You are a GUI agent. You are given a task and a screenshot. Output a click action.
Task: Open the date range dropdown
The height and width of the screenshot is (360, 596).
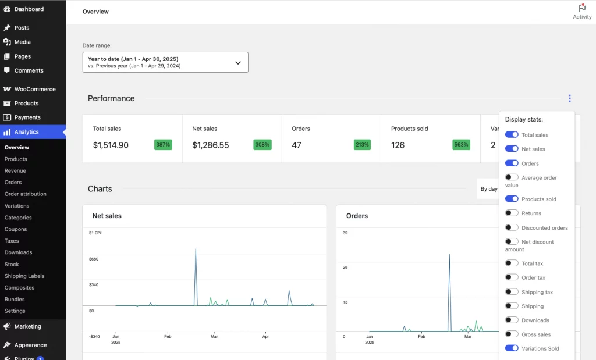click(165, 62)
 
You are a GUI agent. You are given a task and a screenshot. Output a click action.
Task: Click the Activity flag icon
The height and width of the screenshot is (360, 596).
click(581, 8)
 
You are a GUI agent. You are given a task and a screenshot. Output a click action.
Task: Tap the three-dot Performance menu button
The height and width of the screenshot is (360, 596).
click(570, 98)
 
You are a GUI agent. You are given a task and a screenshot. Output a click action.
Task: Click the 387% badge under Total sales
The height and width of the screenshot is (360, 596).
click(163, 145)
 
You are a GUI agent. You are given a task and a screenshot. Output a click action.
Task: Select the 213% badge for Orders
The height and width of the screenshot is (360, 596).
click(362, 145)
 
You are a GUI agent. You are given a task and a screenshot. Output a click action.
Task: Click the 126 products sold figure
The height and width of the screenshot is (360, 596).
click(398, 145)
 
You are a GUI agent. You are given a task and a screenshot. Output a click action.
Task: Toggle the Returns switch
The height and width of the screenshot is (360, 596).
click(512, 213)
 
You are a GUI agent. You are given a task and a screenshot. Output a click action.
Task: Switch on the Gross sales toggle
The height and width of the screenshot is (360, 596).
click(512, 334)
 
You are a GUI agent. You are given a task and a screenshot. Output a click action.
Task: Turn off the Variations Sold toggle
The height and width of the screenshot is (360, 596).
click(512, 348)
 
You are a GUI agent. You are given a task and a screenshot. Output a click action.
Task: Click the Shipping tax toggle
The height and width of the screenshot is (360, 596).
click(512, 292)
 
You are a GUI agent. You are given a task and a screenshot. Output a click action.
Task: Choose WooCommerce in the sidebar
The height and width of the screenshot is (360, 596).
click(34, 89)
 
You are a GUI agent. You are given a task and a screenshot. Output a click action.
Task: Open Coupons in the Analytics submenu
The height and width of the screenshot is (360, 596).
click(16, 229)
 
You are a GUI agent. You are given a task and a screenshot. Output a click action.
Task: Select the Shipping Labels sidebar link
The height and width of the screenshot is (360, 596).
click(24, 276)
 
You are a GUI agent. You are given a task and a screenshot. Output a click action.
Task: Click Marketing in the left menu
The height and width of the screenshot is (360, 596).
click(27, 326)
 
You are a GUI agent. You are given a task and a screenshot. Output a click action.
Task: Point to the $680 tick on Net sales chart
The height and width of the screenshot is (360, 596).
click(94, 259)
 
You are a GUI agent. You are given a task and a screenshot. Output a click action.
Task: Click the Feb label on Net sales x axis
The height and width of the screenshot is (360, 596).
click(168, 336)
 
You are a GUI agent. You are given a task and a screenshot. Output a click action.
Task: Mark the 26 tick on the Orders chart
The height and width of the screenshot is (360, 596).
click(345, 268)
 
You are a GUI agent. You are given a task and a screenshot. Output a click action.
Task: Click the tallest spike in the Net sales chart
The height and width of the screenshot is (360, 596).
click(196, 250)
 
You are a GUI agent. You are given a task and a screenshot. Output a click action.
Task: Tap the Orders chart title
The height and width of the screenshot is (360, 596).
click(357, 216)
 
